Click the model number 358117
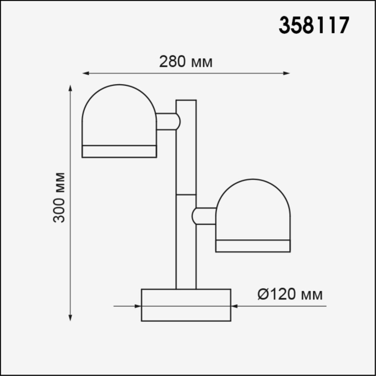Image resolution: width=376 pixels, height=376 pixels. [x=314, y=25]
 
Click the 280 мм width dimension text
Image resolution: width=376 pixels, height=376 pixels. [x=186, y=62]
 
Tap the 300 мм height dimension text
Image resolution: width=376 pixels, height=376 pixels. [x=59, y=197]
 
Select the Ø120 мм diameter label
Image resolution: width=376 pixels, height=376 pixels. [x=290, y=295]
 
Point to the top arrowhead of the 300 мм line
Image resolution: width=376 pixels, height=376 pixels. [x=70, y=88]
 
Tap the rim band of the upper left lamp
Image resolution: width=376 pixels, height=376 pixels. [x=119, y=151]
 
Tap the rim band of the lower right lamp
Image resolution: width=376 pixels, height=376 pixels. [x=253, y=246]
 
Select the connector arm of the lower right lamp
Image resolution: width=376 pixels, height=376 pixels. [x=204, y=216]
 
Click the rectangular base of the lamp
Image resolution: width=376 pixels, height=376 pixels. [x=186, y=305]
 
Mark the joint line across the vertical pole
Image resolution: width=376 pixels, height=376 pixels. [x=186, y=194]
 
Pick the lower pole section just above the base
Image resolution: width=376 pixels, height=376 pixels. [x=186, y=257]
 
